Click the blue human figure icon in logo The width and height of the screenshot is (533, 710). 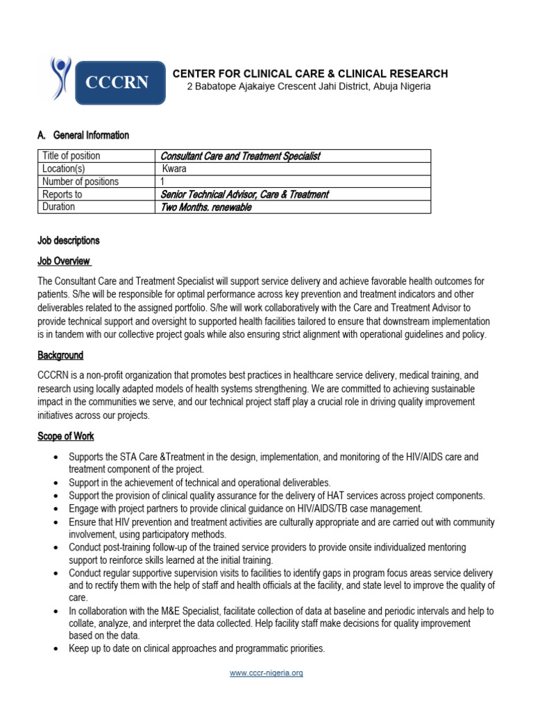click(60, 78)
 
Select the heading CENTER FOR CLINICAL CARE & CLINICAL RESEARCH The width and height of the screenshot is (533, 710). click(310, 73)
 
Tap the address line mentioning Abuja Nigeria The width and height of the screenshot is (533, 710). click(310, 87)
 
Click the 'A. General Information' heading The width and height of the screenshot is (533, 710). click(83, 135)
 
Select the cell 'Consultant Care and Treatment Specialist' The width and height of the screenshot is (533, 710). click(240, 156)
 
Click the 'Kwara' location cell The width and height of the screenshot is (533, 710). click(174, 168)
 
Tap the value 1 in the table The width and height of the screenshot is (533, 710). click(162, 182)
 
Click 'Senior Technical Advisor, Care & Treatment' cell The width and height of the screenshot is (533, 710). click(244, 194)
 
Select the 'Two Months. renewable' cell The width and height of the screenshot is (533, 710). click(205, 207)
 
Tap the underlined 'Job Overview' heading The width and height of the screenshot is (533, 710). click(64, 261)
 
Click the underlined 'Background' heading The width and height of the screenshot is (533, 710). click(60, 355)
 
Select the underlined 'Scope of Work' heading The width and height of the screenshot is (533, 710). click(66, 436)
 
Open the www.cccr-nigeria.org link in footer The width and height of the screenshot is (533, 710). click(266, 673)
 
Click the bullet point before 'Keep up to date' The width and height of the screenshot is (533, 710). click(56, 649)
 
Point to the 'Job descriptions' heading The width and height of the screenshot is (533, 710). click(68, 241)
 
